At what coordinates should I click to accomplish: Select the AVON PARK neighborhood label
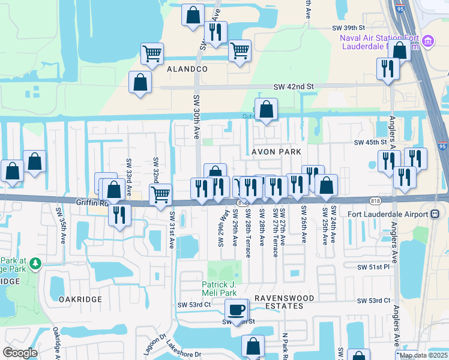point(276,152)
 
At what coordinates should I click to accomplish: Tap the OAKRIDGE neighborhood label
point(80,299)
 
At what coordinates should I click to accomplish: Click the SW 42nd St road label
point(294,87)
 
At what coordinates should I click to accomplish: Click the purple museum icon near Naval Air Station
point(427,41)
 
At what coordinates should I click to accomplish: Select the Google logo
point(20,353)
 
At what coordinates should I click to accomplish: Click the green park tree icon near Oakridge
point(36,263)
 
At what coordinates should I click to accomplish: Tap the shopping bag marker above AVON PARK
point(266,109)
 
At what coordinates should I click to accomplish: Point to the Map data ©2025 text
point(424,355)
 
